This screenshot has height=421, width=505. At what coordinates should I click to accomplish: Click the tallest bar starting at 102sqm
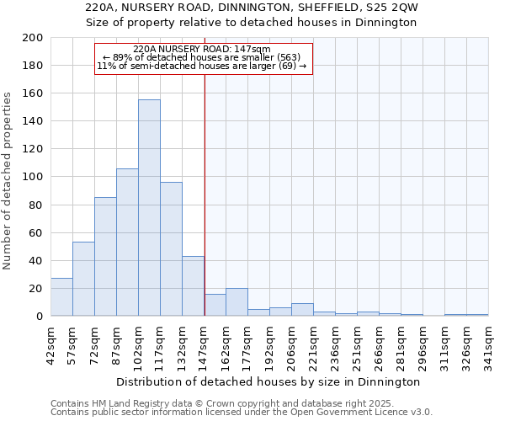tap(149, 208)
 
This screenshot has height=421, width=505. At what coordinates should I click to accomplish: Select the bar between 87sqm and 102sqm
tap(127, 242)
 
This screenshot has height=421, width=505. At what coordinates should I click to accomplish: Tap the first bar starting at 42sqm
tap(61, 297)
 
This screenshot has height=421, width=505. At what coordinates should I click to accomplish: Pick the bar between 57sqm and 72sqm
tap(83, 279)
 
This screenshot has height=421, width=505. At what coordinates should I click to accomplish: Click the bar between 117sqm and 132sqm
tap(171, 249)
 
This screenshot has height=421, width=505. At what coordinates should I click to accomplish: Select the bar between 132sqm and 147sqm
tap(193, 286)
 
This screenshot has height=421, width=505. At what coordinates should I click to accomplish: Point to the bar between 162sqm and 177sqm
tap(237, 302)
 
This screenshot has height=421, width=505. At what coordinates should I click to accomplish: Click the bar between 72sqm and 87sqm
tap(105, 257)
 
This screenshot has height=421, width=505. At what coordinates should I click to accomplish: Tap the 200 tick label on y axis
tap(33, 38)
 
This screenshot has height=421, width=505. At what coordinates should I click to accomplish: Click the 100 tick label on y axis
tap(33, 177)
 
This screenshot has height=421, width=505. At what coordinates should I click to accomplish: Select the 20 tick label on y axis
tap(36, 289)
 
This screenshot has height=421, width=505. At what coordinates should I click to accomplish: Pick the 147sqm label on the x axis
tap(205, 344)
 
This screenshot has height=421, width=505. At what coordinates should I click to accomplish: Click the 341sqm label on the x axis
tap(489, 344)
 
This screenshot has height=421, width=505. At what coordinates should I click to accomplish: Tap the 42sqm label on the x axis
tap(51, 344)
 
